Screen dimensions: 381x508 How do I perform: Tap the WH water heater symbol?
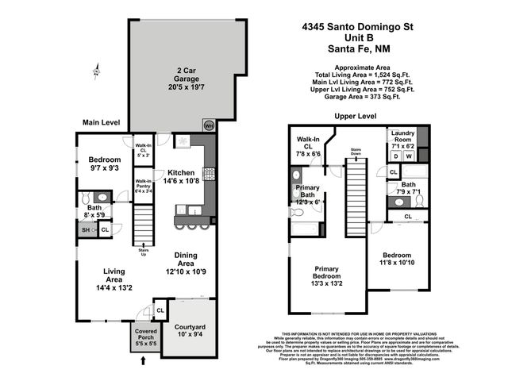point(210,125)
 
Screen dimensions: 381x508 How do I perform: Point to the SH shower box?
point(87,230)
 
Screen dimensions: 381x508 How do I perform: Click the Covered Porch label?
point(145,337)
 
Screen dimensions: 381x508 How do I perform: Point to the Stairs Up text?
point(143,252)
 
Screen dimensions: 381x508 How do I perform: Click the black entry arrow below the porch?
point(144,361)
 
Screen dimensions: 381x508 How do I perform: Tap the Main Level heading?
point(101,122)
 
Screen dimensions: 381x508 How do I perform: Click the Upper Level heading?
point(355,116)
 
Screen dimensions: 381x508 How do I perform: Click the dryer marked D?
point(395,157)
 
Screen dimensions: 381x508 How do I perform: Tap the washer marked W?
point(410,157)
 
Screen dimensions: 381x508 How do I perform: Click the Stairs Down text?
point(356,153)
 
